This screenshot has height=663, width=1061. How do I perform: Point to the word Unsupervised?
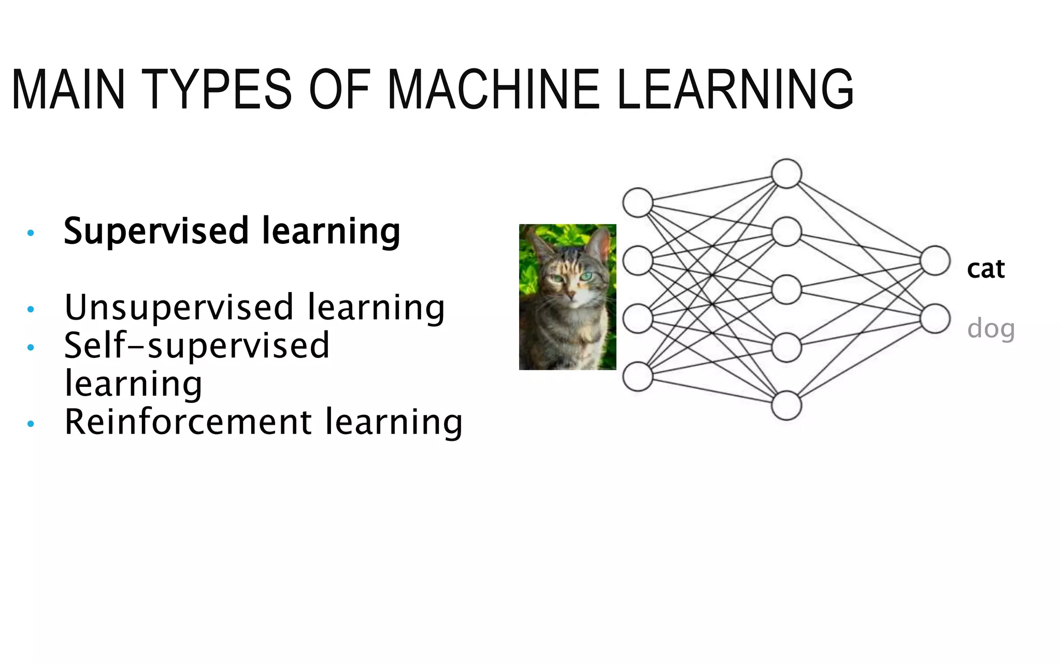[x=179, y=308]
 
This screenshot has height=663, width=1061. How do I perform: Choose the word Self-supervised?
[x=196, y=346]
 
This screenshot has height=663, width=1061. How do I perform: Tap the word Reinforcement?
[x=188, y=422]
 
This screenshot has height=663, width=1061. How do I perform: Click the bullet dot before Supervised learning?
[x=31, y=233]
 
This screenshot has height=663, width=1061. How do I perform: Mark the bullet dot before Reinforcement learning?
[x=31, y=424]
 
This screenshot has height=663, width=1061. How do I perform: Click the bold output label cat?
[x=985, y=269]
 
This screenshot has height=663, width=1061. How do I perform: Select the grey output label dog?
[x=991, y=328]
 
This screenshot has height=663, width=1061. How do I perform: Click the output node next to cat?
[x=935, y=261]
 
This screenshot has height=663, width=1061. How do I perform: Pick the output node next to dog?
[x=935, y=319]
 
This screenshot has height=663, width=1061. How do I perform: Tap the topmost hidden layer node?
[x=786, y=174]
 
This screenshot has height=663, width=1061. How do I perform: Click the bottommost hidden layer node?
[x=786, y=405]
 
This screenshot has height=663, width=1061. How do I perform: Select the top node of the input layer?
[x=638, y=203]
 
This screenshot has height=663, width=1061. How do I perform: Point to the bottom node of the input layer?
[x=638, y=377]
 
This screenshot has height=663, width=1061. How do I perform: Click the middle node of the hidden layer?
[x=786, y=290]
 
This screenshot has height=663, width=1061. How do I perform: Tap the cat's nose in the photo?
[x=570, y=296]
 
